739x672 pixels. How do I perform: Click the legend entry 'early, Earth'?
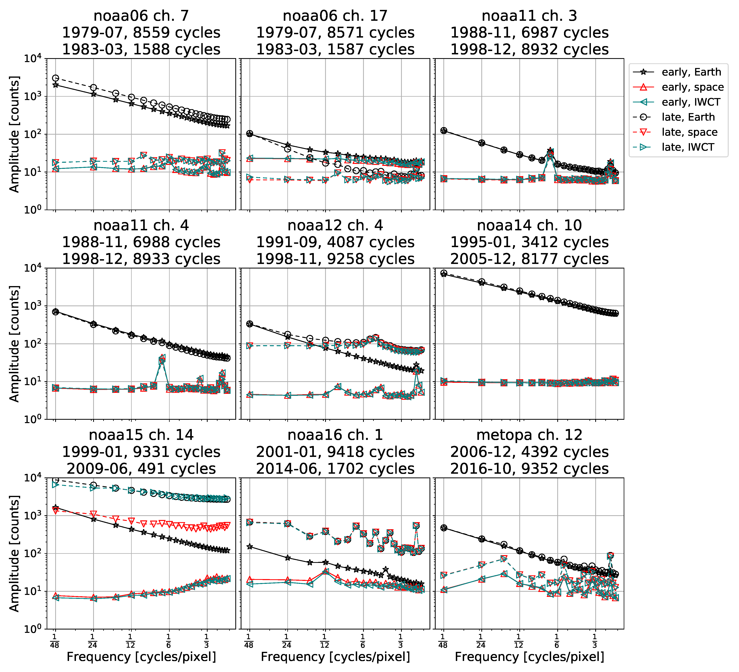click(x=691, y=72)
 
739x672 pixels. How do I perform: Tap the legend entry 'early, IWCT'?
click(x=691, y=102)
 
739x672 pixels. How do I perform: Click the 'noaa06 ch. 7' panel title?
click(x=141, y=16)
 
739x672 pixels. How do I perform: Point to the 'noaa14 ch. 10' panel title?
click(x=529, y=225)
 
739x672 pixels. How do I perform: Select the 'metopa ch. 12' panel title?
click(x=529, y=435)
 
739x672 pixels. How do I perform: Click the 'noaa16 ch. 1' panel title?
click(x=335, y=435)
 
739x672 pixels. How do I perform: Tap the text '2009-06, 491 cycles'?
click(x=141, y=469)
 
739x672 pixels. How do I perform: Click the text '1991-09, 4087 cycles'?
click(x=335, y=242)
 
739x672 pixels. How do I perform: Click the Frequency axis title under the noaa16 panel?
click(x=335, y=657)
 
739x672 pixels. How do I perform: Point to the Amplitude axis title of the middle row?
click(x=14, y=344)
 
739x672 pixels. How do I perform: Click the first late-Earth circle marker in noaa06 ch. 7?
click(x=55, y=78)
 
